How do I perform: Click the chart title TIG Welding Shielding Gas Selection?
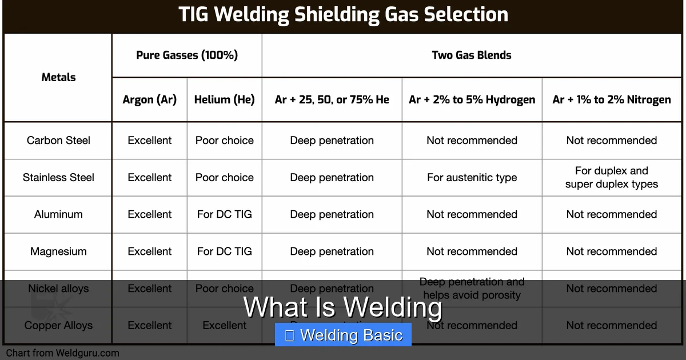coord(343,15)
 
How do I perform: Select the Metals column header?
coord(58,77)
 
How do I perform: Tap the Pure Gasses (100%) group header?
coord(187,55)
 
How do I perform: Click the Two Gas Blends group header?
coord(472,55)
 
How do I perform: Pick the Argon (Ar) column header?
coord(150,99)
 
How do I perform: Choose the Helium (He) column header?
coord(225,99)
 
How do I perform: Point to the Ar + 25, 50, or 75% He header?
coord(332,99)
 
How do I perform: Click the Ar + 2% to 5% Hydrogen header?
coord(472,99)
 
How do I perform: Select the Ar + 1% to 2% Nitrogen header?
coord(612,99)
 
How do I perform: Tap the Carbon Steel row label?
coord(58,141)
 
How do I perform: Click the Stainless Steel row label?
coord(58,178)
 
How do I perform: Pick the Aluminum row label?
coord(58,214)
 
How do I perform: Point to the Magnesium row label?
coord(58,251)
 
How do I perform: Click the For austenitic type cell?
coord(472,178)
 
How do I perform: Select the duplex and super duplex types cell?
coord(612,178)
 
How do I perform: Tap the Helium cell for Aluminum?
coord(225,214)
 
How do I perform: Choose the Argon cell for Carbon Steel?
coord(150,141)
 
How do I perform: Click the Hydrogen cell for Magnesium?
coord(472,251)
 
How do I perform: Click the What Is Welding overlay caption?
coord(343,307)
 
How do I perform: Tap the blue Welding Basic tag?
coord(343,335)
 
